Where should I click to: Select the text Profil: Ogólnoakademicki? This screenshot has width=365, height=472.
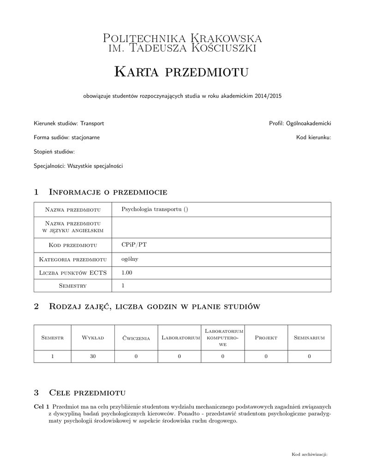(x=300, y=124)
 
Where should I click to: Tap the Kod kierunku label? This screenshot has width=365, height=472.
(x=313, y=137)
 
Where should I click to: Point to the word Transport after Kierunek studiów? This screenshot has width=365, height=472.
(x=92, y=124)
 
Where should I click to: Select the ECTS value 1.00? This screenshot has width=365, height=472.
(x=126, y=272)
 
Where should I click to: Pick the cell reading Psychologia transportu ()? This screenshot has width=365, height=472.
(x=155, y=209)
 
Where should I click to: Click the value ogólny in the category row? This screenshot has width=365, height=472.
(x=130, y=259)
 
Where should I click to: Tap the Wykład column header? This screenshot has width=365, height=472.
(x=93, y=338)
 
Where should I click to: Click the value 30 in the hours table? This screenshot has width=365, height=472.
(x=93, y=356)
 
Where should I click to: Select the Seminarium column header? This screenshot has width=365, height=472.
(x=309, y=338)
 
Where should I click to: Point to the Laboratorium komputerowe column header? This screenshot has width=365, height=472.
(x=223, y=338)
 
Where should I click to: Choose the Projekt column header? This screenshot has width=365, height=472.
(x=266, y=338)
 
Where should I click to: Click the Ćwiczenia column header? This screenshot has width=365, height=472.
(x=136, y=338)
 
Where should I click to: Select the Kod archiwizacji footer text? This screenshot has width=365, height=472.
(x=309, y=454)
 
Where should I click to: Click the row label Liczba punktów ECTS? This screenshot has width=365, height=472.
(x=73, y=273)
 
